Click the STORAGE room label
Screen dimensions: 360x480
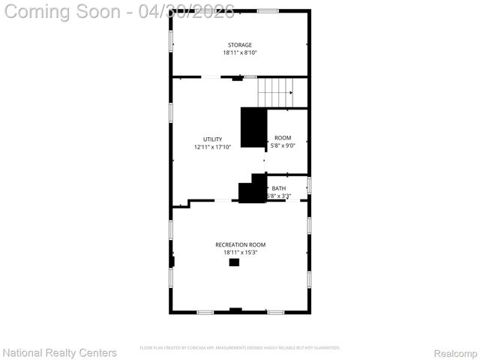[x=240, y=45]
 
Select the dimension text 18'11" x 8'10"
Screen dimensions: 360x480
[x=240, y=53]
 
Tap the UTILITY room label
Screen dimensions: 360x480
[x=212, y=139]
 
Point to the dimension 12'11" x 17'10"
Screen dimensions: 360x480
[x=212, y=147]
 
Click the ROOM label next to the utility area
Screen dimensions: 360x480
[x=283, y=138]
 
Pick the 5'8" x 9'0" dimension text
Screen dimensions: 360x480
[x=283, y=145]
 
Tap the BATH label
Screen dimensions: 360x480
[x=279, y=188]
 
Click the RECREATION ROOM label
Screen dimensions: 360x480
[x=240, y=244]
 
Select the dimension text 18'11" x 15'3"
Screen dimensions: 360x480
[x=240, y=253]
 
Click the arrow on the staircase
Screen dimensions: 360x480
[x=289, y=93]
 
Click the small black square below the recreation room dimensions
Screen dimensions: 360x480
[x=234, y=262]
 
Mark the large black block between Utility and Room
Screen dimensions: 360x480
[x=253, y=127]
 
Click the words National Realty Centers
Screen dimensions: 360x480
[x=60, y=352]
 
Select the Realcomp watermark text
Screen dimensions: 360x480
[x=456, y=352]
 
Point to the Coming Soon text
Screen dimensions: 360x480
[x=64, y=12]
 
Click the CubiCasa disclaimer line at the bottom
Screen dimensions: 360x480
[x=240, y=348]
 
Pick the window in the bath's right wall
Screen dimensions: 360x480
[x=309, y=185]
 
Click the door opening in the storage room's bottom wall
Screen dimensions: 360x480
[x=211, y=76]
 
